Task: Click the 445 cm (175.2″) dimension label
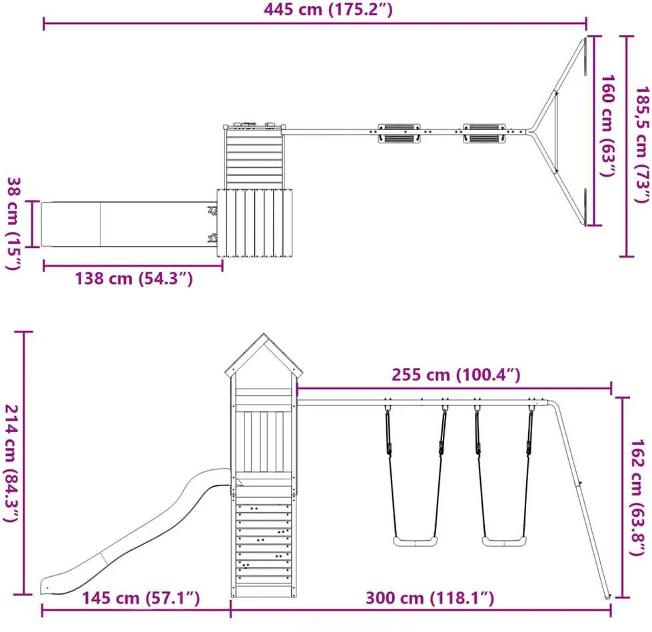click(x=328, y=9)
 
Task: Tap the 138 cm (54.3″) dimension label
click(x=134, y=278)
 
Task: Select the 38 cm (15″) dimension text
click(x=13, y=223)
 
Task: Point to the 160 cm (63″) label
click(x=607, y=125)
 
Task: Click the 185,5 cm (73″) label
click(x=641, y=145)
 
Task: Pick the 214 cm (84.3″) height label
click(x=11, y=463)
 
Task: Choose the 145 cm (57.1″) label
click(x=141, y=598)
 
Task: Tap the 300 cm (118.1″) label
click(x=430, y=598)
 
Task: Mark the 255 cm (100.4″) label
click(x=456, y=375)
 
